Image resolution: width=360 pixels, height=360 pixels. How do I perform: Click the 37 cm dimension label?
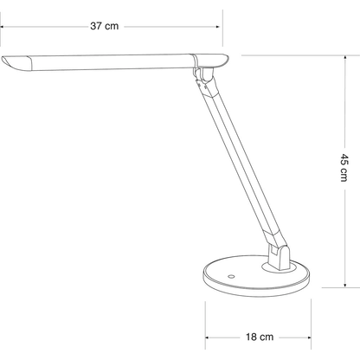105,27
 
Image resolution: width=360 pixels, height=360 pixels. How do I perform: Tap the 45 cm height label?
344,171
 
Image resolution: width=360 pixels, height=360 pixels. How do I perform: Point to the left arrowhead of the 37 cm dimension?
3,27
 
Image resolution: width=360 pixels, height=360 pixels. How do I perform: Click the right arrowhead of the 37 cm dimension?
218,27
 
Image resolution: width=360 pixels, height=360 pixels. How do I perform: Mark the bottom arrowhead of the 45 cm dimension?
344,285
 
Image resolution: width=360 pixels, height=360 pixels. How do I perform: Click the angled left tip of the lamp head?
10,63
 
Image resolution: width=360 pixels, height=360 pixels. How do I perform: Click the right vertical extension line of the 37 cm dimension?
222,35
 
